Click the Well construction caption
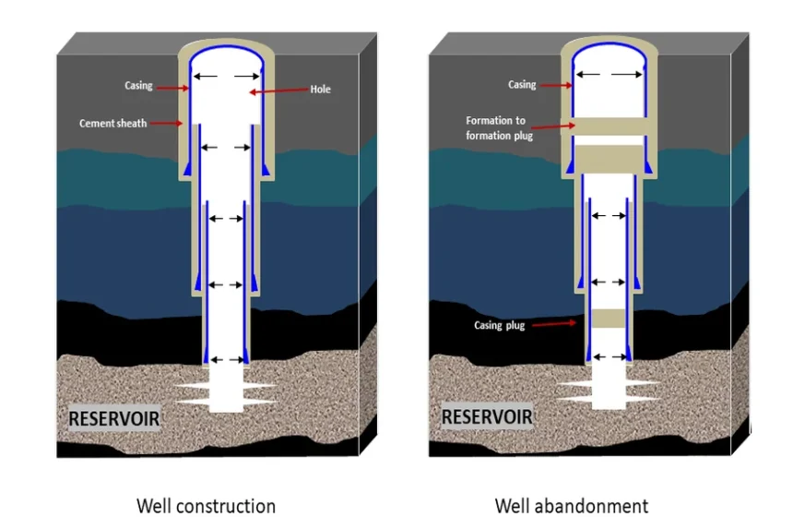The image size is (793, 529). (x=206, y=506)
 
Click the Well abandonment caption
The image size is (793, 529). (x=571, y=506)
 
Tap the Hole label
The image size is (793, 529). (x=320, y=90)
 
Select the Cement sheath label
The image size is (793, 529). (x=112, y=123)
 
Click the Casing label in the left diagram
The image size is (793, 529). (x=138, y=86)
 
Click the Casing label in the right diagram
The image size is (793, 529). (x=522, y=85)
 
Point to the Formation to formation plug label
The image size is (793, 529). (x=499, y=128)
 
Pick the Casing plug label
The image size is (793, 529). (x=501, y=325)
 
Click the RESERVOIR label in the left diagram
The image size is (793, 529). (x=114, y=418)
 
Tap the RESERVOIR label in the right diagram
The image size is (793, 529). (x=487, y=416)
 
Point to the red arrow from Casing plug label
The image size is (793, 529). (x=556, y=323)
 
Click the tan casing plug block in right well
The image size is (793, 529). (x=609, y=319)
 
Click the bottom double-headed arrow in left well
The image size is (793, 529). (x=226, y=359)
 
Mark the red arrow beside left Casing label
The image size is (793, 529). (x=172, y=88)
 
